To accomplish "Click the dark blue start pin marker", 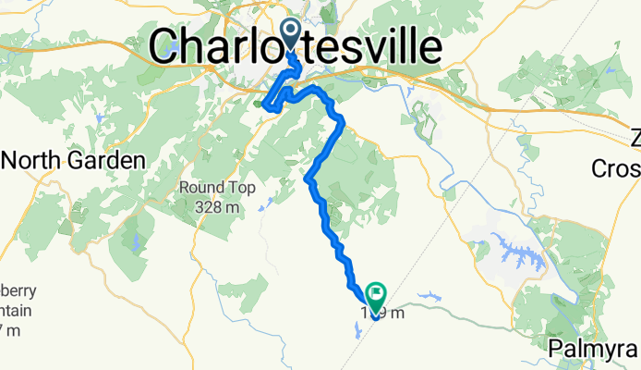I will pos(290,35).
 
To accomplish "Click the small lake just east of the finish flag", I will pos(428,299).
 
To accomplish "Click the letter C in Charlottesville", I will pos(166,46).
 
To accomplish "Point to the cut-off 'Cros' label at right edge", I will pos(616,168).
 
